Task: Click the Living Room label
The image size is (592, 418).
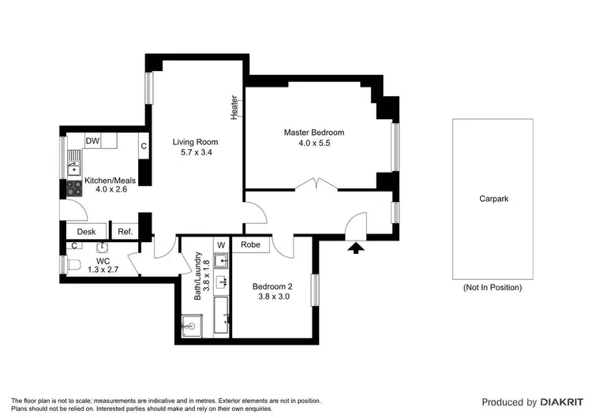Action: pos(193,142)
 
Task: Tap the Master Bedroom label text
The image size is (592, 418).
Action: pos(314,132)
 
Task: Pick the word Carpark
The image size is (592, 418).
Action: pos(493,200)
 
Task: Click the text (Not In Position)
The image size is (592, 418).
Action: pos(493,288)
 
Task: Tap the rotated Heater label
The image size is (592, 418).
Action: pos(234,107)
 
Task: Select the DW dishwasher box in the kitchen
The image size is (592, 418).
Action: pos(92,140)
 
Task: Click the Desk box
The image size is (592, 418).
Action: pos(86,232)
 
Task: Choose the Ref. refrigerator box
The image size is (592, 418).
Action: pos(125,232)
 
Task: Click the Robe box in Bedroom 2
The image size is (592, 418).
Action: pos(251,245)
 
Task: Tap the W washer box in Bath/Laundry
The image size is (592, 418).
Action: pos(222,245)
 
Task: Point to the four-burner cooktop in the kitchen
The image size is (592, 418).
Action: pos(74,188)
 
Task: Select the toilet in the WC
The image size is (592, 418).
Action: pos(69,266)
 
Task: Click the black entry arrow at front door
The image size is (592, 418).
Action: pos(356,248)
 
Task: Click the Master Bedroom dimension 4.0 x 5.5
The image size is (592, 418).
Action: pos(314,144)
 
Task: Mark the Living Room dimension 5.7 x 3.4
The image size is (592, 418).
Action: pos(193,153)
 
